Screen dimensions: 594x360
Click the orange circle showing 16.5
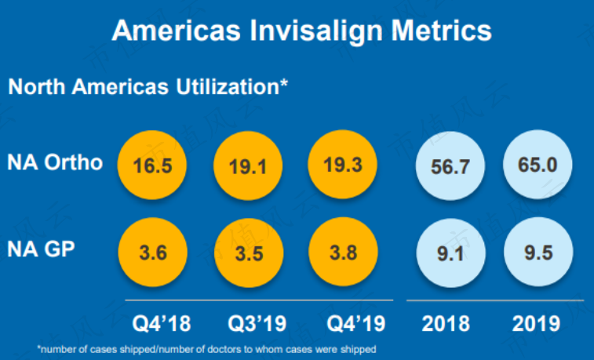pyautogui.click(x=152, y=165)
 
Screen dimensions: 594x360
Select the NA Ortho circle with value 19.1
pyautogui.click(x=248, y=165)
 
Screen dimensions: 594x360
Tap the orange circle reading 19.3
pyautogui.click(x=342, y=164)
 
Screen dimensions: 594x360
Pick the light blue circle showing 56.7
pyautogui.click(x=450, y=165)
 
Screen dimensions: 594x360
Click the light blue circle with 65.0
pyautogui.click(x=538, y=164)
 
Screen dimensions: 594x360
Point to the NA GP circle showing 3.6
pyautogui.click(x=153, y=252)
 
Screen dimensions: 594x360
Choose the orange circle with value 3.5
pyautogui.click(x=249, y=253)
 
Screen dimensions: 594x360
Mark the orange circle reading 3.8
pyautogui.click(x=343, y=252)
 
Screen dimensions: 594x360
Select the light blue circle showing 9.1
pyautogui.click(x=451, y=253)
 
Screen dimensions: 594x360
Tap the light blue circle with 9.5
pyautogui.click(x=538, y=252)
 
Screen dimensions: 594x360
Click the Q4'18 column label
pyautogui.click(x=162, y=324)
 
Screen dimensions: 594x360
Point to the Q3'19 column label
pyautogui.click(x=257, y=324)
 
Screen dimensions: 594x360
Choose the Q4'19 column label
pyautogui.click(x=356, y=324)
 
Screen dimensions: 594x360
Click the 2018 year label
pyautogui.click(x=446, y=324)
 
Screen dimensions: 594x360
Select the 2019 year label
pyautogui.click(x=536, y=324)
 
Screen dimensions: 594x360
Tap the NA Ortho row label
pyautogui.click(x=55, y=162)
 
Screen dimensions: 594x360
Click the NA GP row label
pyautogui.click(x=41, y=249)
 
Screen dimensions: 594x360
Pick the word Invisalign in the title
pyautogui.click(x=316, y=31)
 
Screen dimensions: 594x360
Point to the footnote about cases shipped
pyautogui.click(x=206, y=349)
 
